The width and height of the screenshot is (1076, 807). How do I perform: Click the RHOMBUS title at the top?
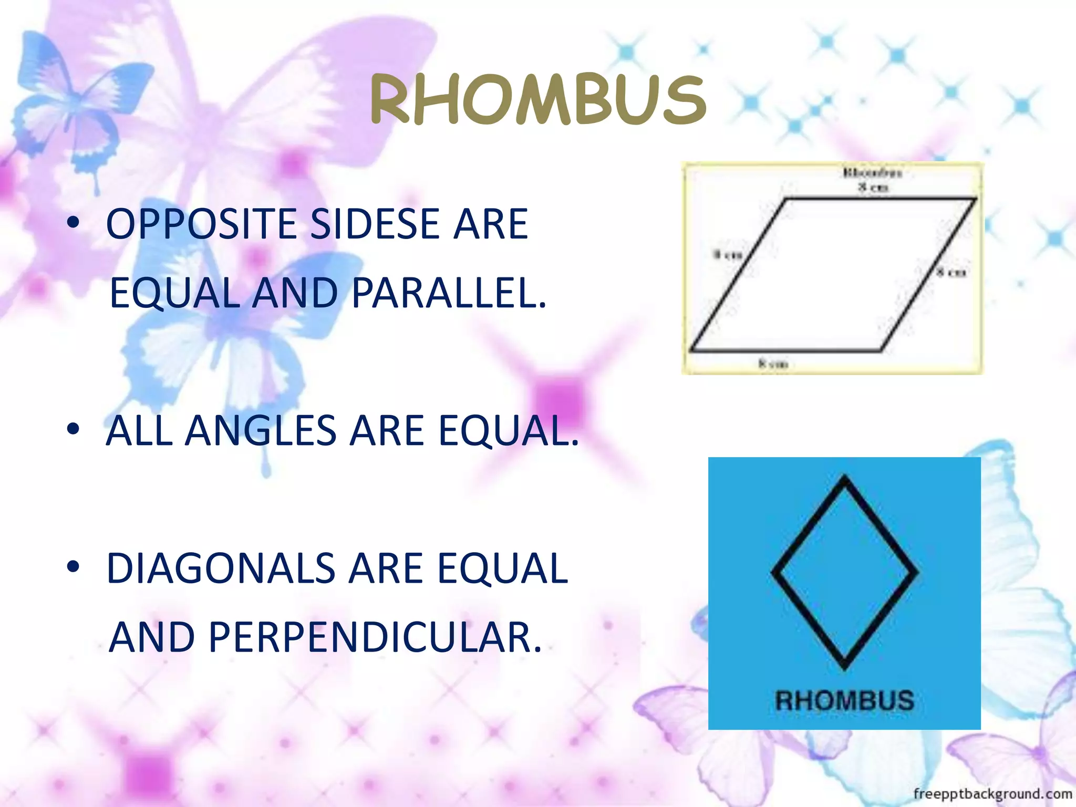538,100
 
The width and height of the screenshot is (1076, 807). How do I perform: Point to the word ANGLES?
260,431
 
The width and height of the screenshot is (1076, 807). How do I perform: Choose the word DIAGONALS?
221,568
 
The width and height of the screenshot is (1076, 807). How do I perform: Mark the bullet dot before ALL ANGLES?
73,429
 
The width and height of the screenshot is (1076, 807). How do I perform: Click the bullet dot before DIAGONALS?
73,567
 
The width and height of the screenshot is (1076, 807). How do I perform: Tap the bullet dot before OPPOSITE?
73,223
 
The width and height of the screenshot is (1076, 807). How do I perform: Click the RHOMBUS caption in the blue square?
844,701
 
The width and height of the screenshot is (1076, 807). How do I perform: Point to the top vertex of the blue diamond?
844,477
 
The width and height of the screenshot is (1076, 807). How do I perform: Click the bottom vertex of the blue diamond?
844,668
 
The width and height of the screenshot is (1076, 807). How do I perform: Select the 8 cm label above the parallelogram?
873,187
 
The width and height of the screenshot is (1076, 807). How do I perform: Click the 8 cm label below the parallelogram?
773,364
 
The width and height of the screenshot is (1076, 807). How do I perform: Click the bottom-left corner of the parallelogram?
690,350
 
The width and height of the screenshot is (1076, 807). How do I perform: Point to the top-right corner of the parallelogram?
976,199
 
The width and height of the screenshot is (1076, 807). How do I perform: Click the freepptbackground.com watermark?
992,793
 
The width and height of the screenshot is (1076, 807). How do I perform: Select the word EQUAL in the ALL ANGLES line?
507,431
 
